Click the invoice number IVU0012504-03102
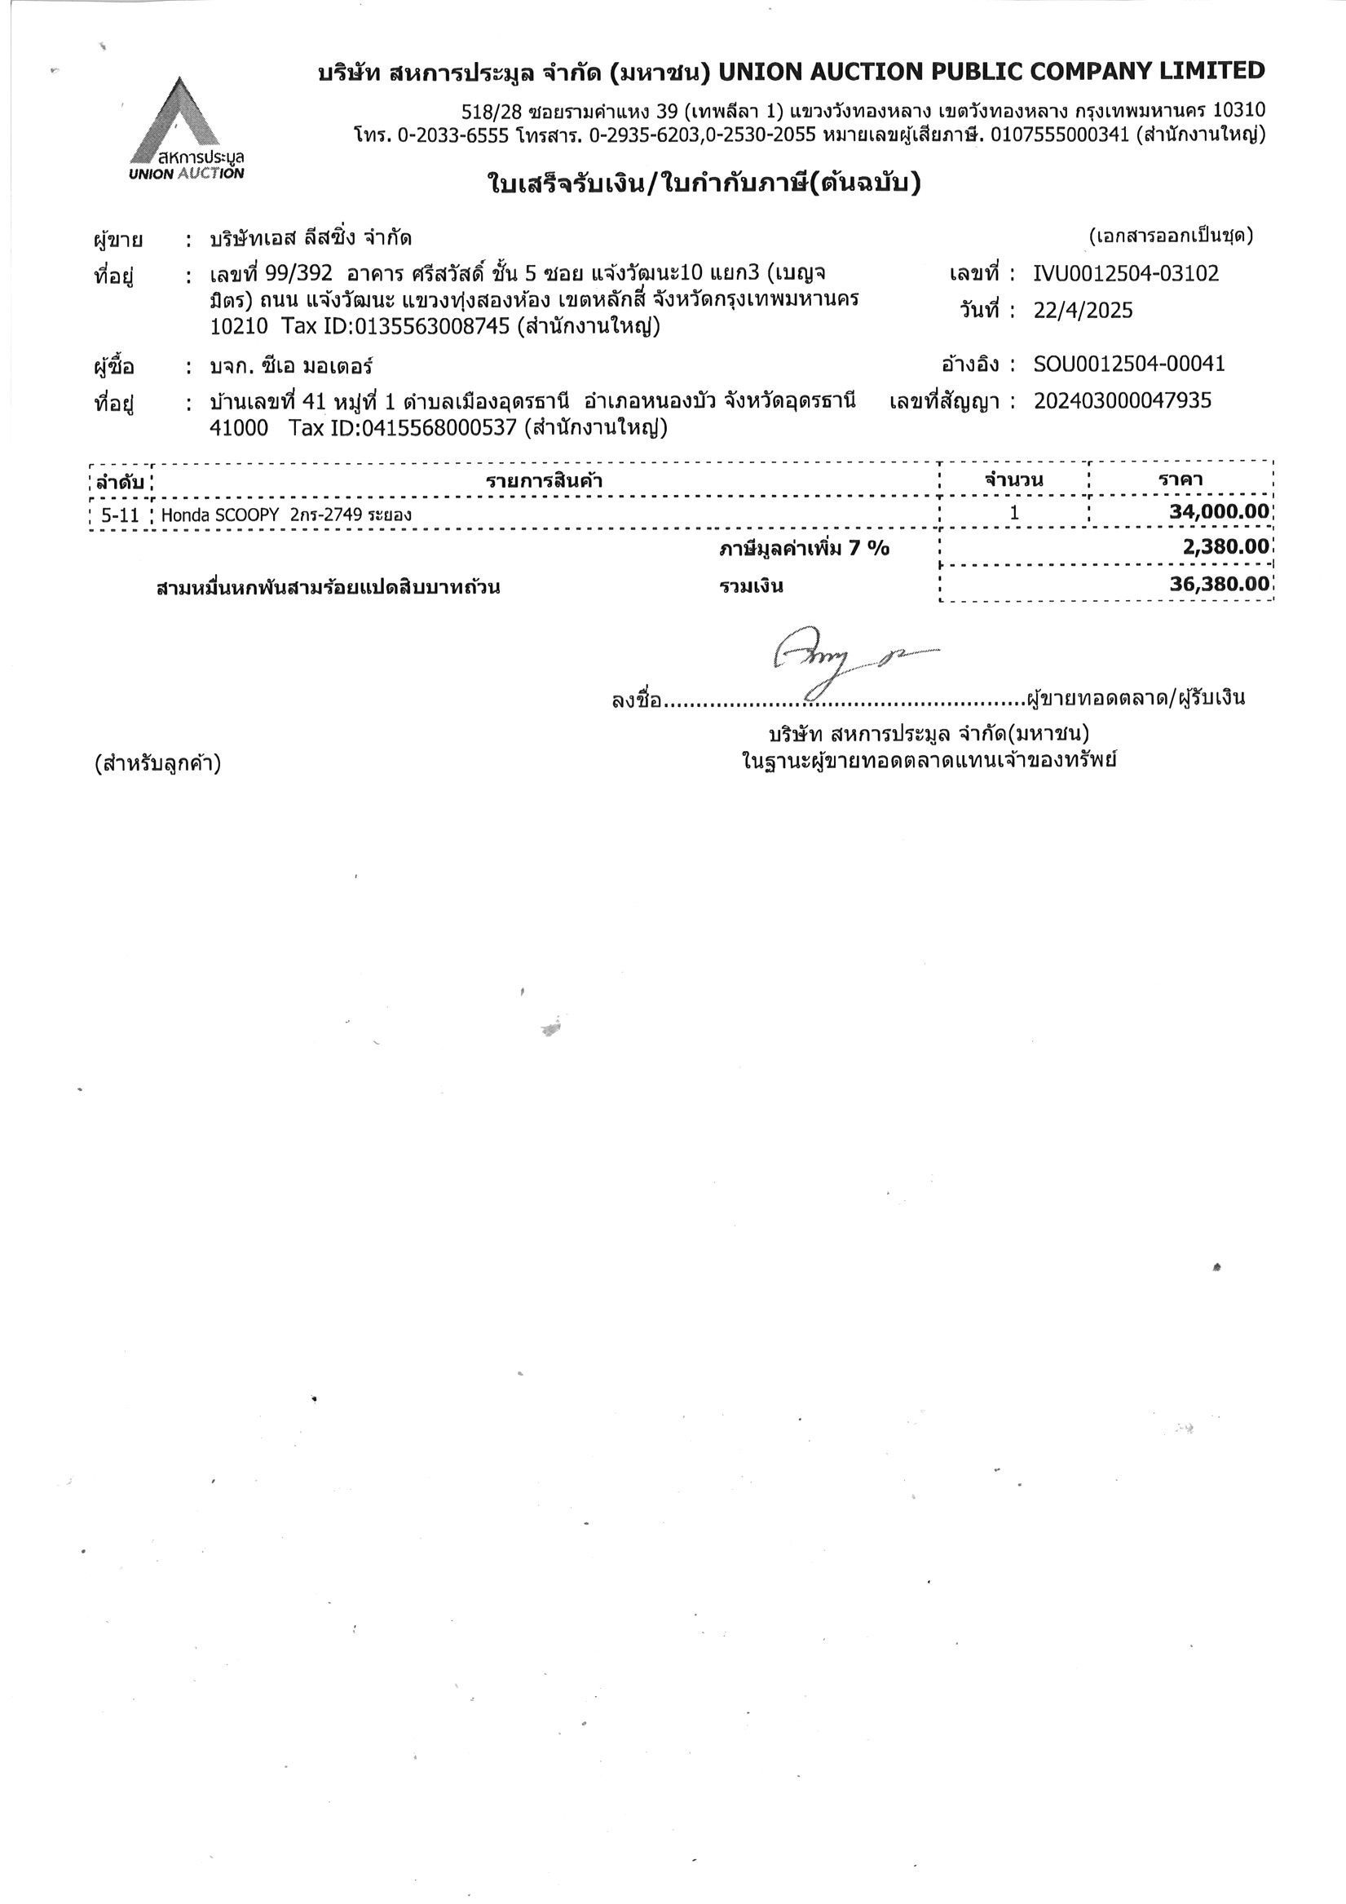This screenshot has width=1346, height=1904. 1126,274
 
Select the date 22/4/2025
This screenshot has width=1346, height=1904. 1083,311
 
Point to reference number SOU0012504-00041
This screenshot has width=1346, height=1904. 1128,364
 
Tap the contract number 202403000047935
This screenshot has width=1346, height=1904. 1122,401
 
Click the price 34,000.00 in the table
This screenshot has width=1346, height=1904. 1218,511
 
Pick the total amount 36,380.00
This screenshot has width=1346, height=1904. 1219,584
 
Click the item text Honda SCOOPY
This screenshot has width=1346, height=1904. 220,515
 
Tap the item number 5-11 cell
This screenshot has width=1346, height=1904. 121,515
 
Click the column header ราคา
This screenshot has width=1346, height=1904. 1181,479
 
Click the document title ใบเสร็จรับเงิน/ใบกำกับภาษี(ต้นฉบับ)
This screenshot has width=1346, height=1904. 704,184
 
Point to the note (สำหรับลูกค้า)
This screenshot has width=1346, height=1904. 157,763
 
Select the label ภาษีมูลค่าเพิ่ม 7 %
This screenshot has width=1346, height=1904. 804,548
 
